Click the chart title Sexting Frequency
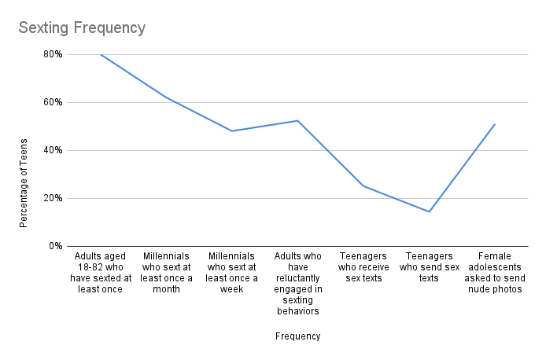click(82, 28)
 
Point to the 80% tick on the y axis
click(53, 54)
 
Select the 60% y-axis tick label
click(53, 102)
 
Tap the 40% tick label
click(53, 150)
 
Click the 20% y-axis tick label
click(53, 198)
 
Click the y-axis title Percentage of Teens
click(24, 182)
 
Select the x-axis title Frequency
click(297, 336)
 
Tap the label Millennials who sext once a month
click(166, 273)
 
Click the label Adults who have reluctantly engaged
click(297, 284)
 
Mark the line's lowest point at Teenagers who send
click(429, 211)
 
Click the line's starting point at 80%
click(101, 54)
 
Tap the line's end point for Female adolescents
click(494, 124)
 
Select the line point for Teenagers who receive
click(363, 186)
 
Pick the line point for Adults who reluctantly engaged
click(297, 120)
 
